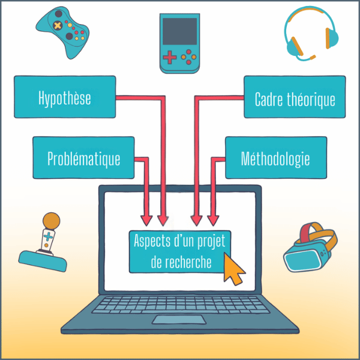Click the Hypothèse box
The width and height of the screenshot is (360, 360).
[65, 97]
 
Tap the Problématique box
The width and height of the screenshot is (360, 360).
[83, 158]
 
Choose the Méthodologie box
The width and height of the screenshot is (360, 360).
[275, 158]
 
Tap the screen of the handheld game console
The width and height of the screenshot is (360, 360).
[179, 31]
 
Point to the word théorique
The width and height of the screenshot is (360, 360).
[314, 99]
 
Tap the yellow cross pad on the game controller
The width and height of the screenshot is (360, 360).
[56, 26]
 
